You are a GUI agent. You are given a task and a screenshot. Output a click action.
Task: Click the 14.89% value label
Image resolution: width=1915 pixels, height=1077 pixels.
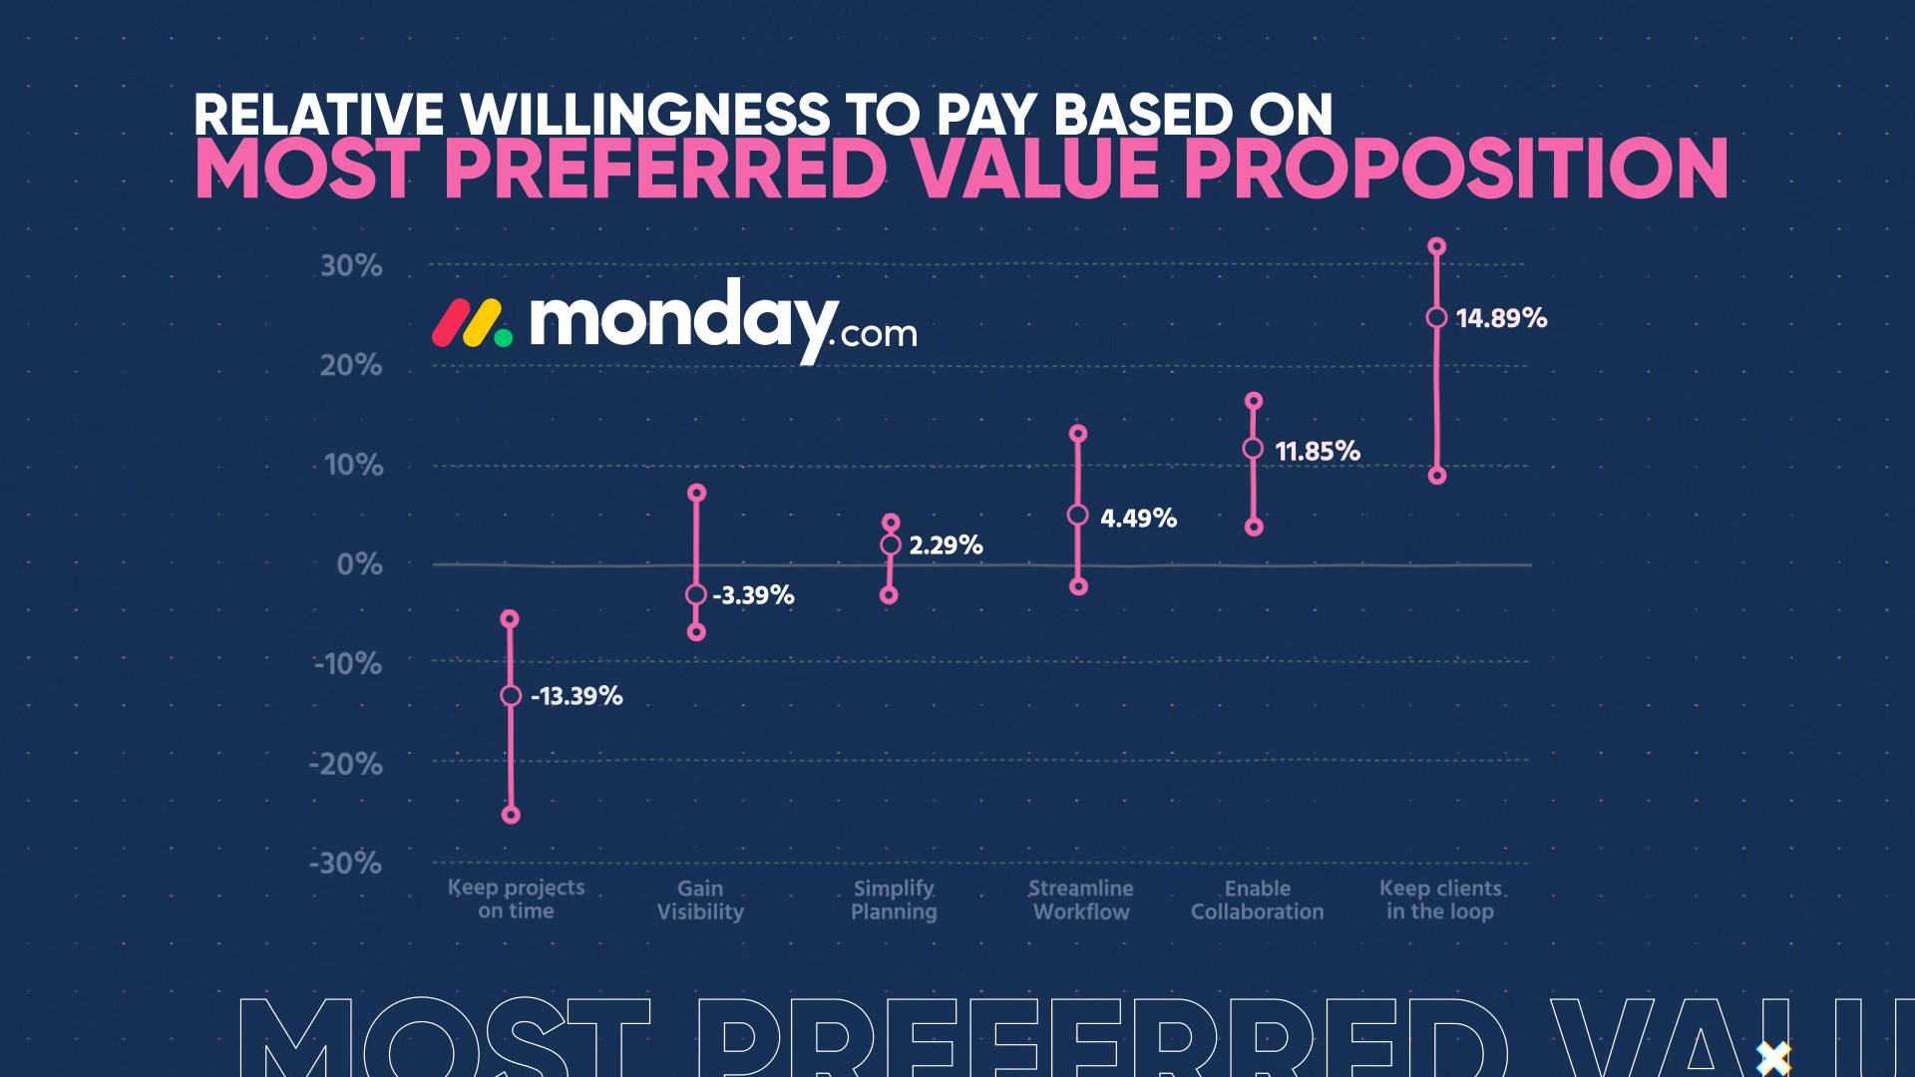(x=1501, y=318)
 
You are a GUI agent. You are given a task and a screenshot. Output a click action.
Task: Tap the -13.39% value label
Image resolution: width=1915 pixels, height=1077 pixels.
(x=576, y=696)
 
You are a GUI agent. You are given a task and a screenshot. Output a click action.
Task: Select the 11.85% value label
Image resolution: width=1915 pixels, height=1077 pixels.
(x=1318, y=451)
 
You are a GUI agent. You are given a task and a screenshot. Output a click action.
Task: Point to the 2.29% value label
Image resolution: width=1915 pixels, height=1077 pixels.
(x=946, y=545)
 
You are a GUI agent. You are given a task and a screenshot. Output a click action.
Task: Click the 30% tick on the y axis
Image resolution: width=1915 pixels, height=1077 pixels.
(x=351, y=266)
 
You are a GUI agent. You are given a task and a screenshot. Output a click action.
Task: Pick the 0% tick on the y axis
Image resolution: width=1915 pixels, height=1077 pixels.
(x=359, y=565)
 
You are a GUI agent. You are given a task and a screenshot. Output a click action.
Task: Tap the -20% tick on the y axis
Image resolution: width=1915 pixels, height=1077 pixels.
(x=345, y=765)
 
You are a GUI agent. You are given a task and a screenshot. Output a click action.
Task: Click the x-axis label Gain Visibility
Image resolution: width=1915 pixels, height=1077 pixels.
(x=700, y=899)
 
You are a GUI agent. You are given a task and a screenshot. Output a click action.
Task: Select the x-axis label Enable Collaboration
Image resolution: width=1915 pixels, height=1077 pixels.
(x=1257, y=899)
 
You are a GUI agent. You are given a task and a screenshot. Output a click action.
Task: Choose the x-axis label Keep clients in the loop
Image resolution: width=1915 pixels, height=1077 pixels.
(x=1440, y=899)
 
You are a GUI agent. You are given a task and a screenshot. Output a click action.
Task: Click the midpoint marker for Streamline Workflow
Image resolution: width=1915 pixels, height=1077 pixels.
(x=1078, y=515)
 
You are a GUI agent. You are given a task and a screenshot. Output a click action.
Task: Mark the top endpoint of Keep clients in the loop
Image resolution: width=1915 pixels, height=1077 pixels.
(x=1437, y=246)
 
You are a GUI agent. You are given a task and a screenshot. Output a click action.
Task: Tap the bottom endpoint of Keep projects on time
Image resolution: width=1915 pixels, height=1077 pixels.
(x=511, y=815)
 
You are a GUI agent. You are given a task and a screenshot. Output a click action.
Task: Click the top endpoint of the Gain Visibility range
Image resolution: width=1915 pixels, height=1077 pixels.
(x=697, y=493)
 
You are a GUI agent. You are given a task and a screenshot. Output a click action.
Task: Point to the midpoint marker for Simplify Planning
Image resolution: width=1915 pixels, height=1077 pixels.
(x=891, y=544)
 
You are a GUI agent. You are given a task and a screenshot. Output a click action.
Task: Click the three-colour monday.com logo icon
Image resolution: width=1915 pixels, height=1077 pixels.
(x=472, y=323)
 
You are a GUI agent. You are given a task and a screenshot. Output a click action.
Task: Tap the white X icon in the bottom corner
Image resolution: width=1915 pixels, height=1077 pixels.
(x=1773, y=1057)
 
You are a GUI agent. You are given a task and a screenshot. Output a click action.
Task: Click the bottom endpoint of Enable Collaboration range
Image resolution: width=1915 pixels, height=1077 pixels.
(x=1255, y=527)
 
